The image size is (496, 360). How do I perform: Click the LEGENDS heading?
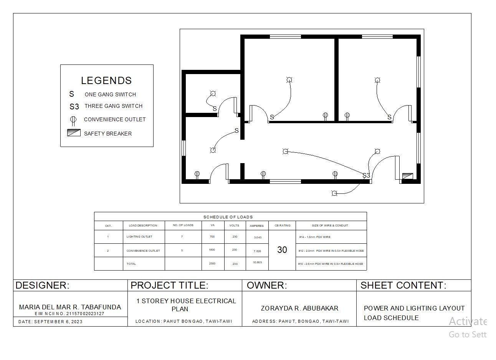[x=106, y=81]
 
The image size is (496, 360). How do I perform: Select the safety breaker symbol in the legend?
[x=74, y=133]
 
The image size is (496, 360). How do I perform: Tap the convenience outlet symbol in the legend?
[x=73, y=120]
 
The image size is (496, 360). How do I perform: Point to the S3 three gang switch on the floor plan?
[x=366, y=175]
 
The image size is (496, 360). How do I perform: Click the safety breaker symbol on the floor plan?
[x=407, y=176]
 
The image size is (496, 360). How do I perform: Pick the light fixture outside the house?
[x=334, y=193]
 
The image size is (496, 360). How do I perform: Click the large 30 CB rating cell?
[x=282, y=250]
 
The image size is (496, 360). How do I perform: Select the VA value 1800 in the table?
[x=212, y=250]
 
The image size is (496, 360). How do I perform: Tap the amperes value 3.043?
[x=258, y=237]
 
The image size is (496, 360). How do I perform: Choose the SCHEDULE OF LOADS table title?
[x=228, y=217]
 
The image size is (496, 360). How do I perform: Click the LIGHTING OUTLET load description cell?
[x=139, y=237]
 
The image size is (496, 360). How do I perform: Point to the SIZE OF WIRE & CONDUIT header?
[x=331, y=225]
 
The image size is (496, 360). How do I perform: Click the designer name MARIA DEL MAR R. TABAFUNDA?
[x=70, y=307]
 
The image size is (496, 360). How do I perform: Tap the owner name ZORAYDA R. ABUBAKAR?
[x=299, y=308]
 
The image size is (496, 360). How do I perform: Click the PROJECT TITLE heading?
[x=169, y=285]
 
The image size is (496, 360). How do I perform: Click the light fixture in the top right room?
[x=377, y=80]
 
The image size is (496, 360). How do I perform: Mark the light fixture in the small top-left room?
[x=213, y=94]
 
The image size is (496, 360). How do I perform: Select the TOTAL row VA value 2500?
[x=212, y=264]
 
